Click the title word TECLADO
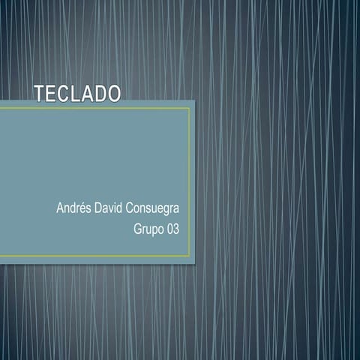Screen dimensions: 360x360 tap(77, 94)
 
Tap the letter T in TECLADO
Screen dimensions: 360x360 tap(40, 94)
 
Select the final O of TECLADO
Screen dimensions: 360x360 tap(113, 94)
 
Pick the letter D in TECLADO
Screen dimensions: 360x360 tap(100, 94)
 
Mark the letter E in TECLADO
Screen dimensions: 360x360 tap(52, 94)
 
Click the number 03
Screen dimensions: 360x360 tap(173, 228)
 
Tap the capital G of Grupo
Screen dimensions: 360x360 tap(137, 228)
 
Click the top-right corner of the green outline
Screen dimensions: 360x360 tap(189, 108)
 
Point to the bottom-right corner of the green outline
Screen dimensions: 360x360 tap(189, 256)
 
